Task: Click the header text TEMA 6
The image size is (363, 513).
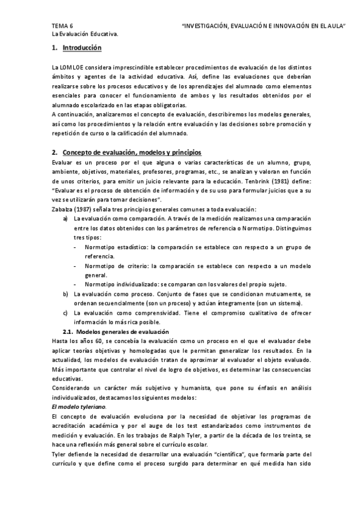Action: (62, 26)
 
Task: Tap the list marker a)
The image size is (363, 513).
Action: (66, 218)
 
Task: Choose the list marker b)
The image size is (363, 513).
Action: (66, 293)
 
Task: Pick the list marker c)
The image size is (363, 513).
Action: (66, 313)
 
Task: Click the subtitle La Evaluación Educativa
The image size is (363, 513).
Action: (85, 34)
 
